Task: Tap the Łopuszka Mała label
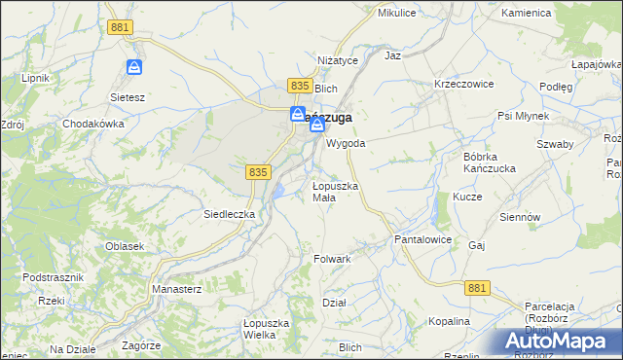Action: click(337, 192)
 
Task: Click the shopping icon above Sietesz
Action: click(135, 68)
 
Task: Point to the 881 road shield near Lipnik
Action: click(120, 28)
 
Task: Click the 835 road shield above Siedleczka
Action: click(257, 171)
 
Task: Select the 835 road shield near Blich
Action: click(300, 87)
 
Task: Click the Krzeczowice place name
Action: click(464, 84)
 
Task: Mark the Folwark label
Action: click(332, 260)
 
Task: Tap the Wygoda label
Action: click(346, 143)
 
